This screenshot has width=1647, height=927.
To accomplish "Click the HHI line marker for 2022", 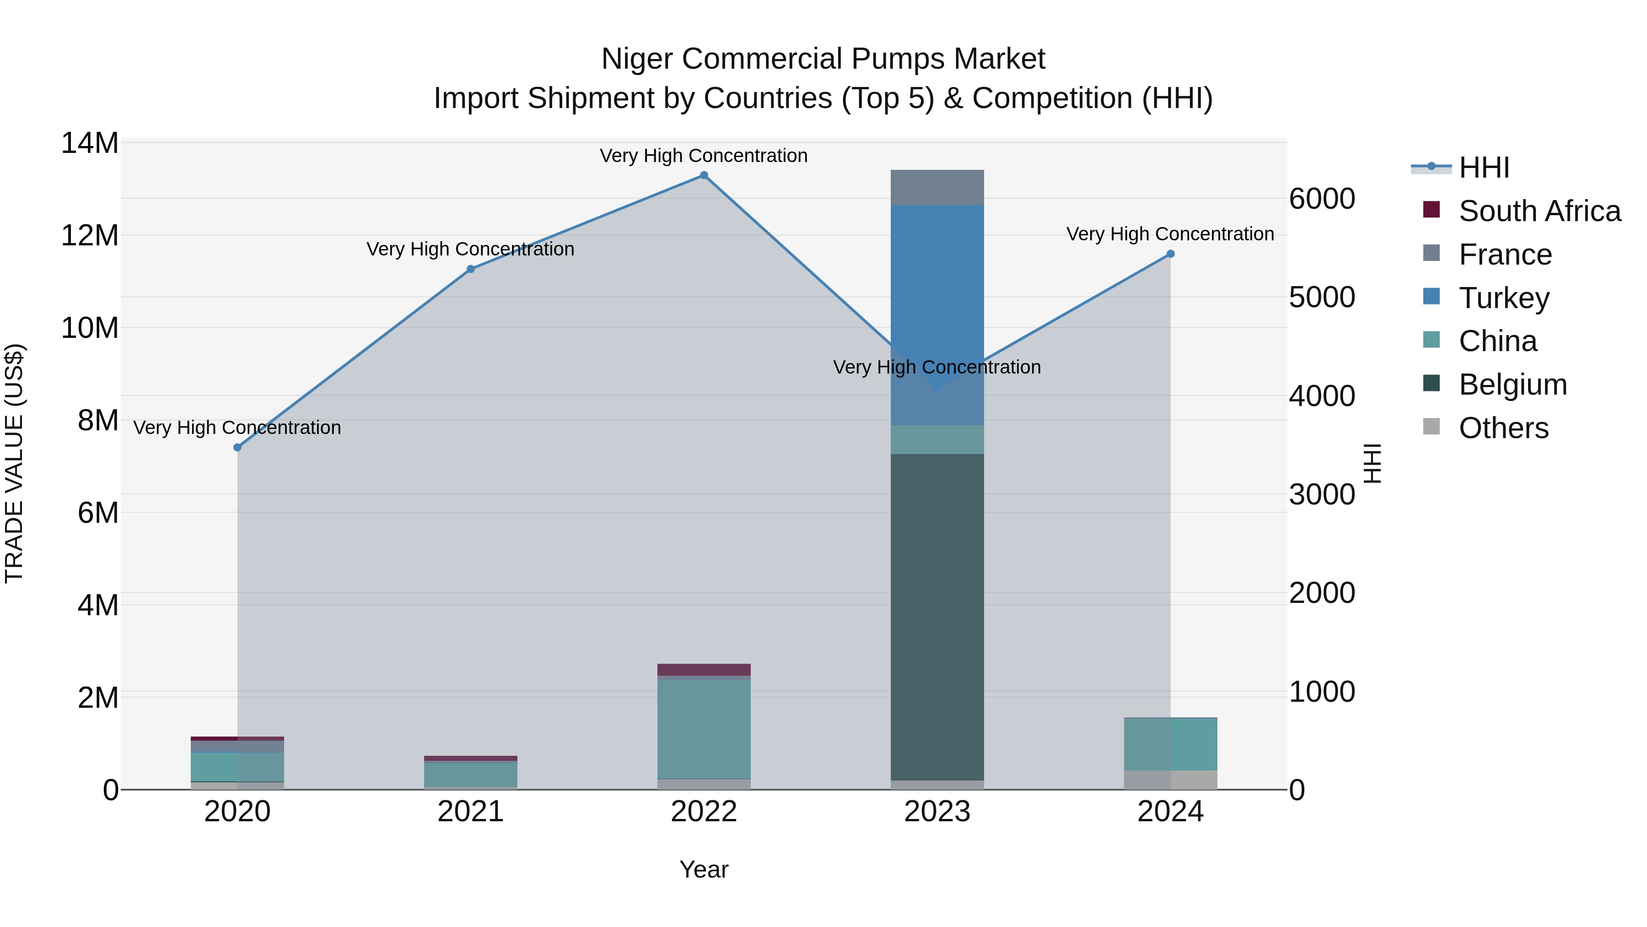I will pos(704,175).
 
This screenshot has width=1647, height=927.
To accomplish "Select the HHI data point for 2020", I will pos(237,447).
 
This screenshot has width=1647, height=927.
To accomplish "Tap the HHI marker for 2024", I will pos(1171,254).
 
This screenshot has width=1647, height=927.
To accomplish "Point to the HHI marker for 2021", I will pos(471,269).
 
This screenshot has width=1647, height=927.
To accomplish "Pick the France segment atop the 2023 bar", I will pos(937,187).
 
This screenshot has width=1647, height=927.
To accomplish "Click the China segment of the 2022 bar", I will pos(704,729).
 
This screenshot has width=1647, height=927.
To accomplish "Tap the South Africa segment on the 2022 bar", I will pos(704,670).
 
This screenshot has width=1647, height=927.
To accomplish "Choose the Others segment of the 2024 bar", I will pos(1171,780).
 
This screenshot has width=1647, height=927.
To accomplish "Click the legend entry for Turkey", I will pos(1504,298).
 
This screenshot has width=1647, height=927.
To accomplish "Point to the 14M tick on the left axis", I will pos(90,143).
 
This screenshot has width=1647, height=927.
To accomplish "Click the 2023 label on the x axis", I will pos(937,812).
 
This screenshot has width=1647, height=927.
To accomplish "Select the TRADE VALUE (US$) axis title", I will pos(14,463).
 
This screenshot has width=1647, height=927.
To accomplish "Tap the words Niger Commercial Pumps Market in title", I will pos(823,59).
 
